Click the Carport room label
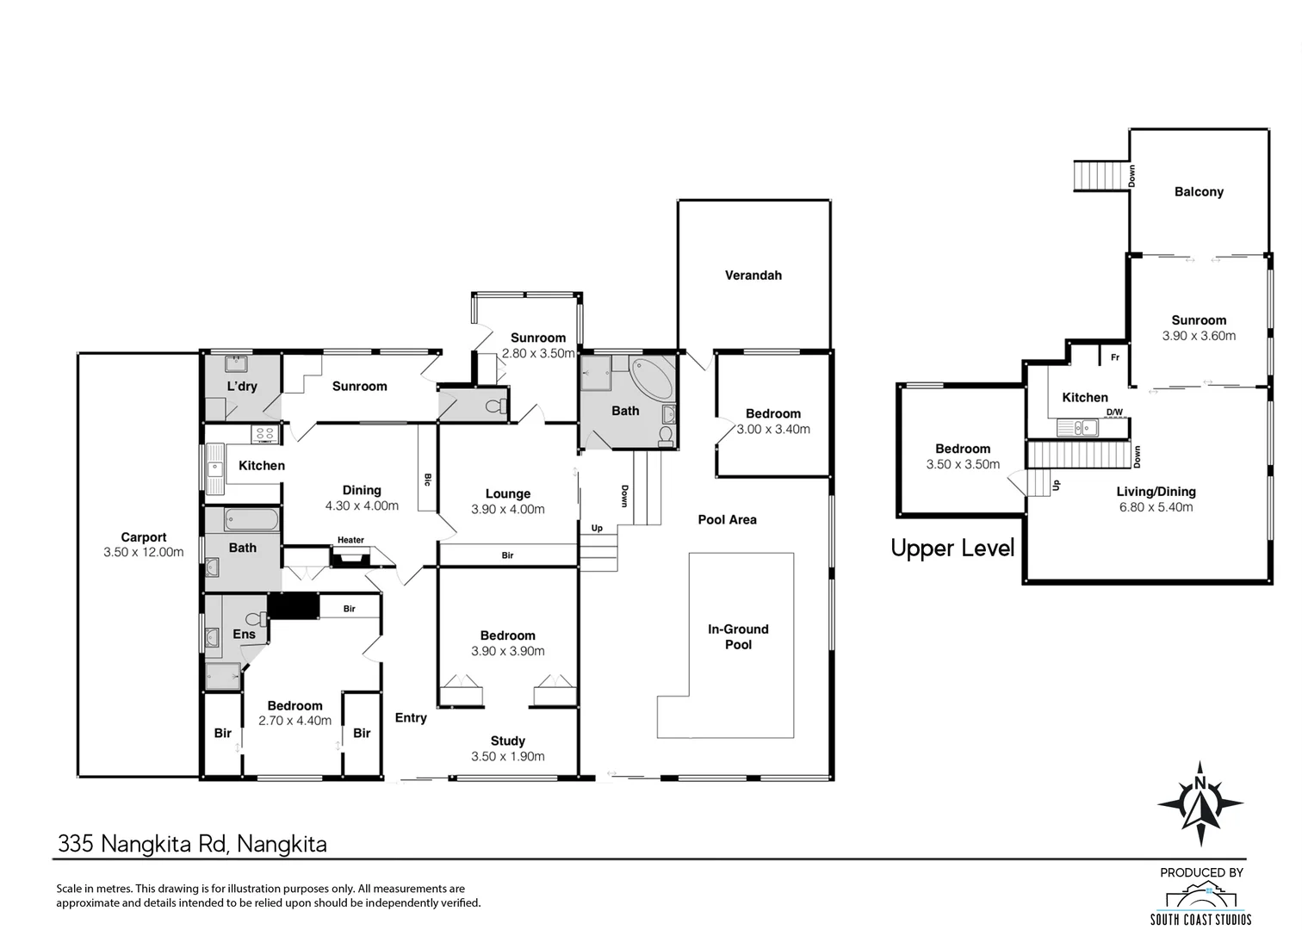pyautogui.click(x=144, y=537)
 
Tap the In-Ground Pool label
pyautogui.click(x=738, y=636)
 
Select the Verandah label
pyautogui.click(x=753, y=275)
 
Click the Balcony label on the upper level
pyautogui.click(x=1199, y=192)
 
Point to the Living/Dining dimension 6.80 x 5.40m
pyautogui.click(x=1156, y=507)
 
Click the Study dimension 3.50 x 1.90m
pyautogui.click(x=508, y=756)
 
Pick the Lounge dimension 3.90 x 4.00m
pyautogui.click(x=508, y=509)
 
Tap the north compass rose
pyautogui.click(x=1200, y=804)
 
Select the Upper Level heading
pyautogui.click(x=952, y=548)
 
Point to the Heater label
pyautogui.click(x=350, y=540)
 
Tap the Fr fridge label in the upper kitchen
pyautogui.click(x=1115, y=357)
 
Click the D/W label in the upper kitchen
pyautogui.click(x=1114, y=412)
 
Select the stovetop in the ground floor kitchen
pyautogui.click(x=265, y=434)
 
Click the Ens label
pyautogui.click(x=245, y=634)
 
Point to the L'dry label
pyautogui.click(x=242, y=386)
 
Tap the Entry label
pyautogui.click(x=411, y=718)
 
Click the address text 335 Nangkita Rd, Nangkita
pyautogui.click(x=192, y=844)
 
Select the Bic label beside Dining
pyautogui.click(x=428, y=480)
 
